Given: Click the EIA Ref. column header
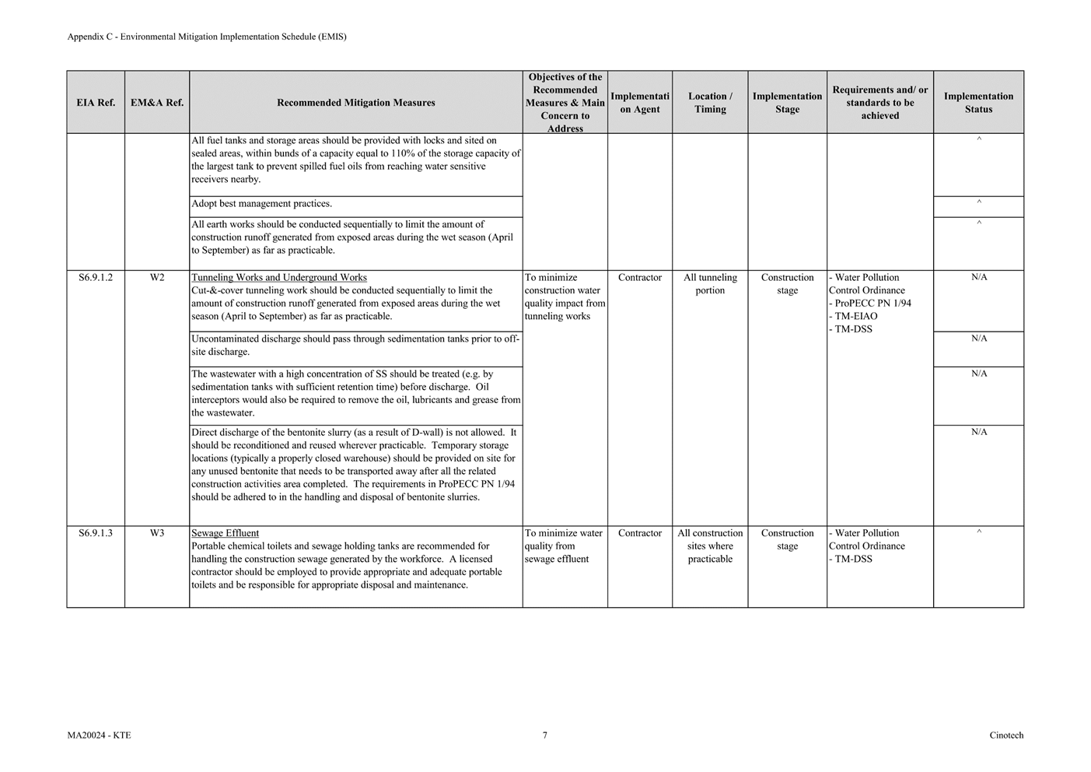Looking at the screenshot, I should tap(96, 103).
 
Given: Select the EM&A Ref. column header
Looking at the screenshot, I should tap(157, 103).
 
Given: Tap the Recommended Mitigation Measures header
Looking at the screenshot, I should tap(355, 103).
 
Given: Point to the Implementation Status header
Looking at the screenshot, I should tap(978, 103).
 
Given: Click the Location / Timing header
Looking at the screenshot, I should tap(710, 103).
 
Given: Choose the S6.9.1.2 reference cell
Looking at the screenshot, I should tap(96, 278).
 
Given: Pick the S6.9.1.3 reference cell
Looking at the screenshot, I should tap(96, 534).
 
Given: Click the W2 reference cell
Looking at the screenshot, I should tap(157, 278).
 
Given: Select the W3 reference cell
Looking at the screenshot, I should tap(157, 534).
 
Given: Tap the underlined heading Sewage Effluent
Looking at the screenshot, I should tap(226, 534).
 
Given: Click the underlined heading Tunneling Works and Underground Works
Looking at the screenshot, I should tap(279, 278).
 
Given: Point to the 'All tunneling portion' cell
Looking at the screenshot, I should tap(710, 284).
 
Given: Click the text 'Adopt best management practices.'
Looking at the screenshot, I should tap(262, 204).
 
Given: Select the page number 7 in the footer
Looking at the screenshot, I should tap(545, 735).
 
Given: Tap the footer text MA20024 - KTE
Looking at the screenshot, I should tap(99, 735).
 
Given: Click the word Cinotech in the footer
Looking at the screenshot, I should tap(1006, 735).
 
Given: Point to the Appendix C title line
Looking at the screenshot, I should tap(207, 37).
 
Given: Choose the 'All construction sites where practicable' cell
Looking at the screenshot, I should tap(710, 546).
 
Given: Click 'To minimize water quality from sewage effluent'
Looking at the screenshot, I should tap(564, 546).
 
